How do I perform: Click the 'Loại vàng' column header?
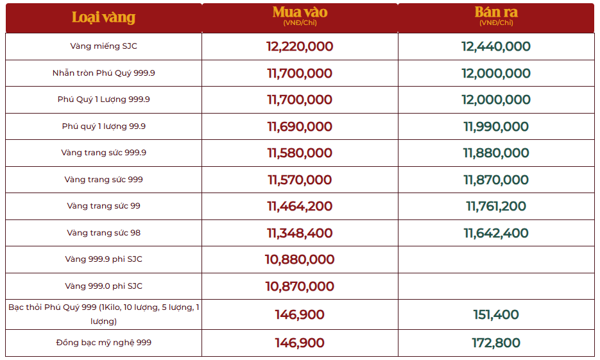[103, 17]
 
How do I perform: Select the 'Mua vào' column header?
[300, 13]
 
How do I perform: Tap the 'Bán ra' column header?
[496, 13]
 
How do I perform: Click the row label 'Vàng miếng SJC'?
[103, 46]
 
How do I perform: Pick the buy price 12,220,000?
[300, 46]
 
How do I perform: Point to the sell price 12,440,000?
[496, 46]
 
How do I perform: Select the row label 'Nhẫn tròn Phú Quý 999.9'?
[103, 73]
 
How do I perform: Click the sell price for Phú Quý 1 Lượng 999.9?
[496, 99]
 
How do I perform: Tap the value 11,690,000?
[300, 126]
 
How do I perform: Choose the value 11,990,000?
[496, 126]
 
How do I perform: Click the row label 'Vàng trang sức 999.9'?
[103, 153]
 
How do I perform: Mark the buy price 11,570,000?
[300, 180]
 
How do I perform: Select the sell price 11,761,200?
[496, 206]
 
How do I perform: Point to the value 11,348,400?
[300, 233]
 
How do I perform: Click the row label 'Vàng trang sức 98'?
[103, 233]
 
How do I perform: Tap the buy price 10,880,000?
[300, 259]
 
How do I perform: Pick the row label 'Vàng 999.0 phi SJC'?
[103, 286]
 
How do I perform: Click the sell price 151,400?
[496, 314]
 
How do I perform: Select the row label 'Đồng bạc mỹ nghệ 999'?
[103, 343]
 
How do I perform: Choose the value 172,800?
[496, 343]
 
